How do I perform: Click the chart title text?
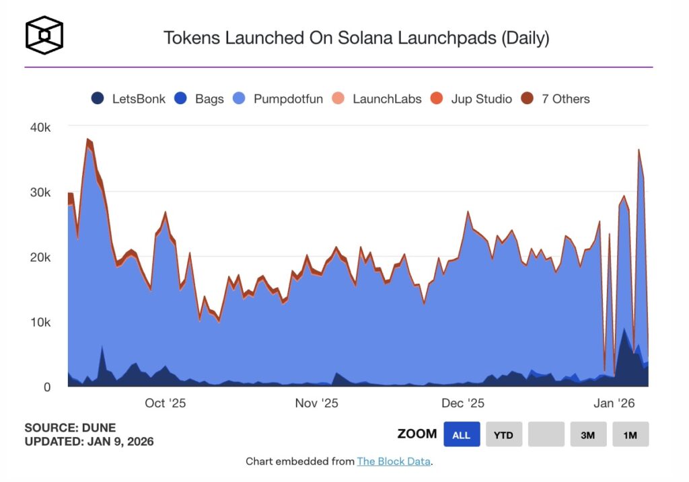(x=356, y=38)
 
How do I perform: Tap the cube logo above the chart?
(x=44, y=35)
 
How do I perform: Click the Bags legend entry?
(x=200, y=99)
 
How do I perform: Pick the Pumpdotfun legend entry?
(x=282, y=99)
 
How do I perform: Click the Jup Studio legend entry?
(x=472, y=99)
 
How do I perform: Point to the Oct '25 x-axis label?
(x=165, y=403)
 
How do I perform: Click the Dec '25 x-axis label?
(x=463, y=403)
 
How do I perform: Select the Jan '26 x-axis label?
(x=614, y=403)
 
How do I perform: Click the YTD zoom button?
(x=503, y=435)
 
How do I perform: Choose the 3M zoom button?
(x=588, y=435)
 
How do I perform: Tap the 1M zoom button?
(x=630, y=435)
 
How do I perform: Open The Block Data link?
(x=394, y=461)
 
